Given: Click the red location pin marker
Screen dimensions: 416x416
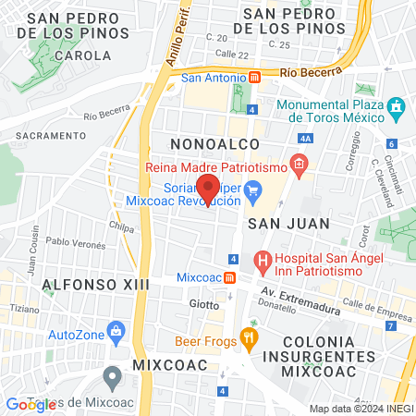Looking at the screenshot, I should (x=208, y=189).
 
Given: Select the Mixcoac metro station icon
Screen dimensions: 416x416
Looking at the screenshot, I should (x=229, y=277).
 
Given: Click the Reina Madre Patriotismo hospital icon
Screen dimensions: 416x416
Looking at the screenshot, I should (x=299, y=167).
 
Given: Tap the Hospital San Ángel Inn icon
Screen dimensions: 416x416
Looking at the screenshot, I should (x=263, y=261).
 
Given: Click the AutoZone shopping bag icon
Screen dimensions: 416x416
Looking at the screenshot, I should (x=116, y=330).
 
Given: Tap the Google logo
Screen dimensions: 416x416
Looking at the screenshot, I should (x=28, y=404).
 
